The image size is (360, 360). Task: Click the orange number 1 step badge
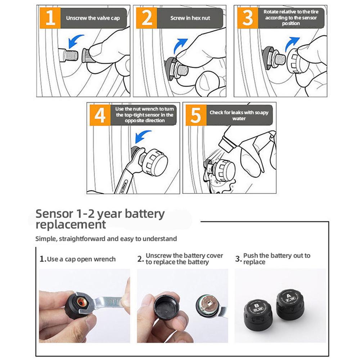(50, 18)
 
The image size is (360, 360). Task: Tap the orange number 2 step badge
(147, 18)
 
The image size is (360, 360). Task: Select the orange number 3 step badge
(248, 18)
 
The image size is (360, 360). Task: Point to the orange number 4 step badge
(100, 114)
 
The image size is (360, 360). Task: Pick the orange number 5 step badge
(195, 114)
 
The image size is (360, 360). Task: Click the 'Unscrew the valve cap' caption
(93, 18)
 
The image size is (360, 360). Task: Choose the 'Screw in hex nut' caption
(190, 18)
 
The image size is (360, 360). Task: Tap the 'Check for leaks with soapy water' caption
(239, 115)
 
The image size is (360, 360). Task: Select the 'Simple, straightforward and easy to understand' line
(106, 238)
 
